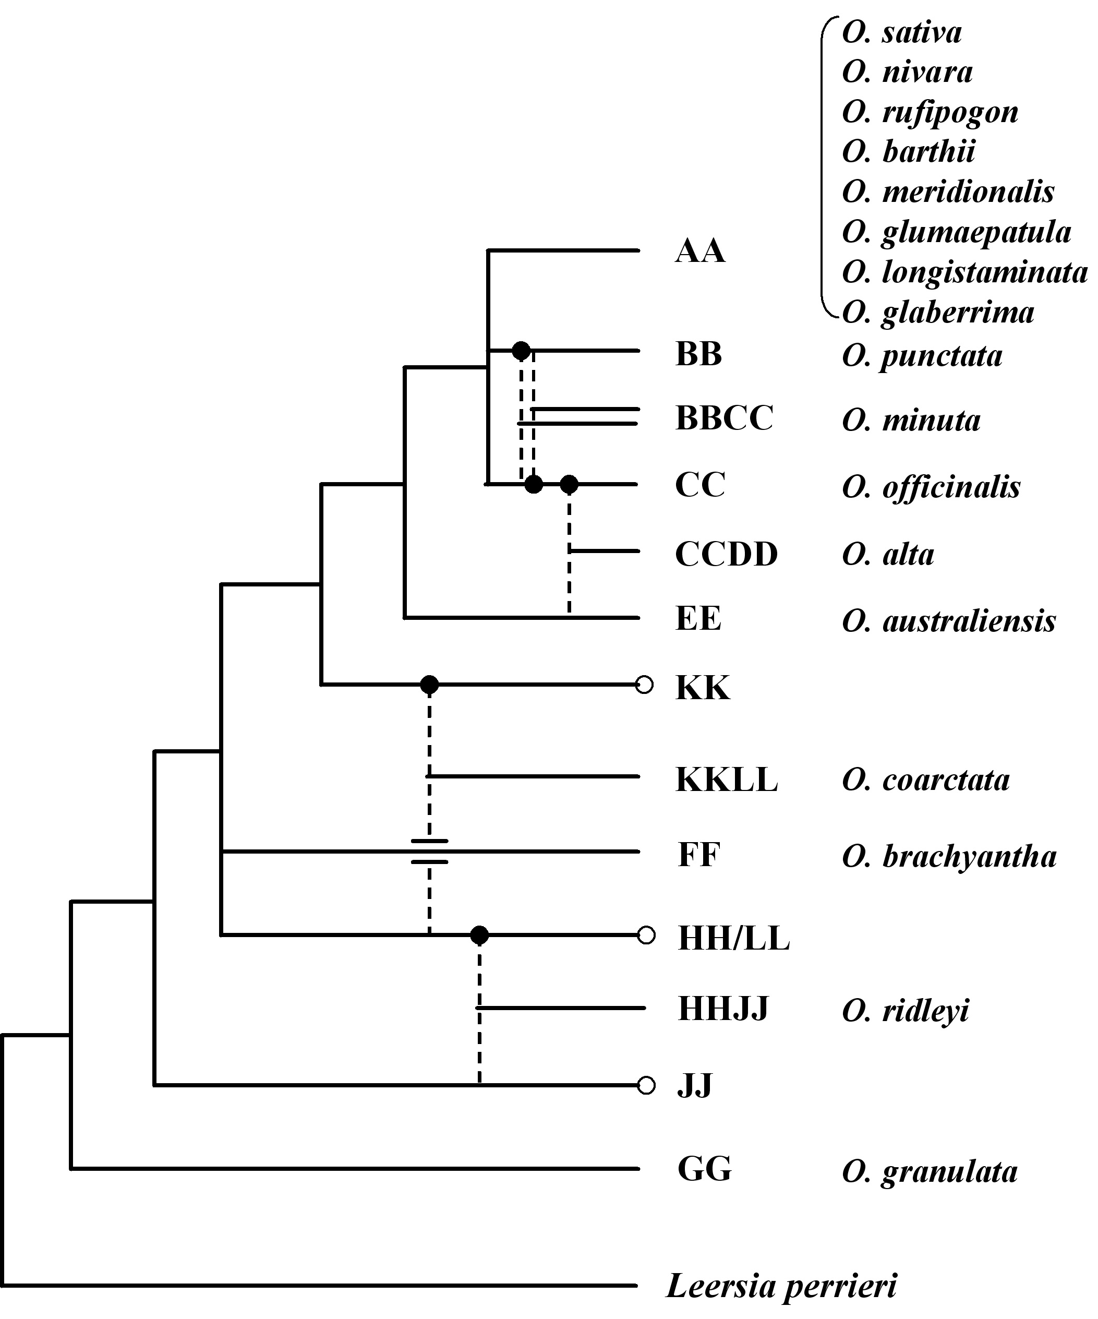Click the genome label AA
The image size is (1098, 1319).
pyautogui.click(x=700, y=251)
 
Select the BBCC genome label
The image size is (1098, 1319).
pyautogui.click(x=724, y=418)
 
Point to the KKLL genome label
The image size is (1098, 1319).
pyautogui.click(x=727, y=780)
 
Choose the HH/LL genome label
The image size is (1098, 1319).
pyautogui.click(x=733, y=939)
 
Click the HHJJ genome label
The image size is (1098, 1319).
pyautogui.click(x=723, y=1010)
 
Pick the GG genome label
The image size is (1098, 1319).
pyautogui.click(x=704, y=1169)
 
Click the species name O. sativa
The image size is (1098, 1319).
pyautogui.click(x=901, y=33)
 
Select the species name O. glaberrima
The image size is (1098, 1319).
pyautogui.click(x=938, y=313)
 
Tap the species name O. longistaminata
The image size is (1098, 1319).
pyautogui.click(x=965, y=272)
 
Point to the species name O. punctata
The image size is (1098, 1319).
pyautogui.click(x=922, y=356)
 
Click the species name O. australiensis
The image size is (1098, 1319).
pyautogui.click(x=949, y=621)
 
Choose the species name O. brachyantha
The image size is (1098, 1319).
pyautogui.click(x=949, y=857)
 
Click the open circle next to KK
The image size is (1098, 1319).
pyautogui.click(x=645, y=685)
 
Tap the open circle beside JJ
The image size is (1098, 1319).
pyautogui.click(x=646, y=1085)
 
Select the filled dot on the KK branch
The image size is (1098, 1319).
pyautogui.click(x=429, y=685)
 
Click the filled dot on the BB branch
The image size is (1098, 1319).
pyautogui.click(x=521, y=351)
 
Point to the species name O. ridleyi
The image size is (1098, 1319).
pyautogui.click(x=906, y=1011)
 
